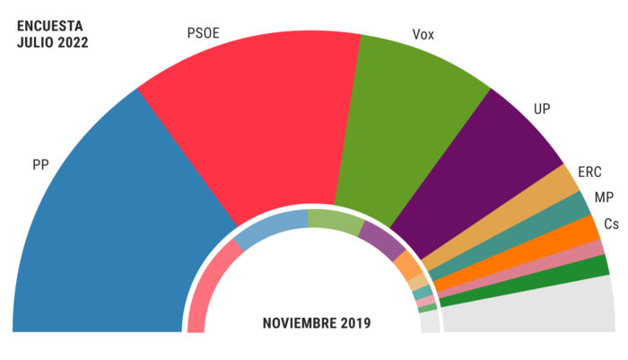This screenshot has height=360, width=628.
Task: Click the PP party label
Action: click(39, 164)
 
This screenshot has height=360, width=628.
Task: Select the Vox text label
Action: click(423, 35)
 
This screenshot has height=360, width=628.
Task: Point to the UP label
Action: click(542, 109)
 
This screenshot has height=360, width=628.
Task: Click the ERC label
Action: click(589, 171)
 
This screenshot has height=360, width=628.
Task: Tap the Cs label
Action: click(610, 224)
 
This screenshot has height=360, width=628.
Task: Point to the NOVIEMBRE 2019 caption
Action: click(316, 322)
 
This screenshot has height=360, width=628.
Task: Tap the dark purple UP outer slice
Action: click(484, 171)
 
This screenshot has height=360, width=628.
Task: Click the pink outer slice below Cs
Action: click(538, 266)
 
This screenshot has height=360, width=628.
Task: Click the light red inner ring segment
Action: click(203, 287)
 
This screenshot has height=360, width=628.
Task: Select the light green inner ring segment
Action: click(334, 219)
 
